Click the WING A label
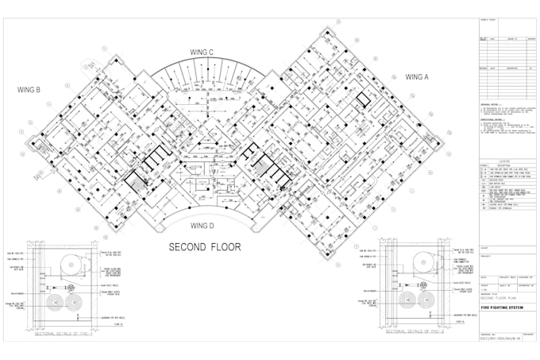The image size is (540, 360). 417,77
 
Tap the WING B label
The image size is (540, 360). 27,90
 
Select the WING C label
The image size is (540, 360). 202,52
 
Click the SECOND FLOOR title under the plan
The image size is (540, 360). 204,247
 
